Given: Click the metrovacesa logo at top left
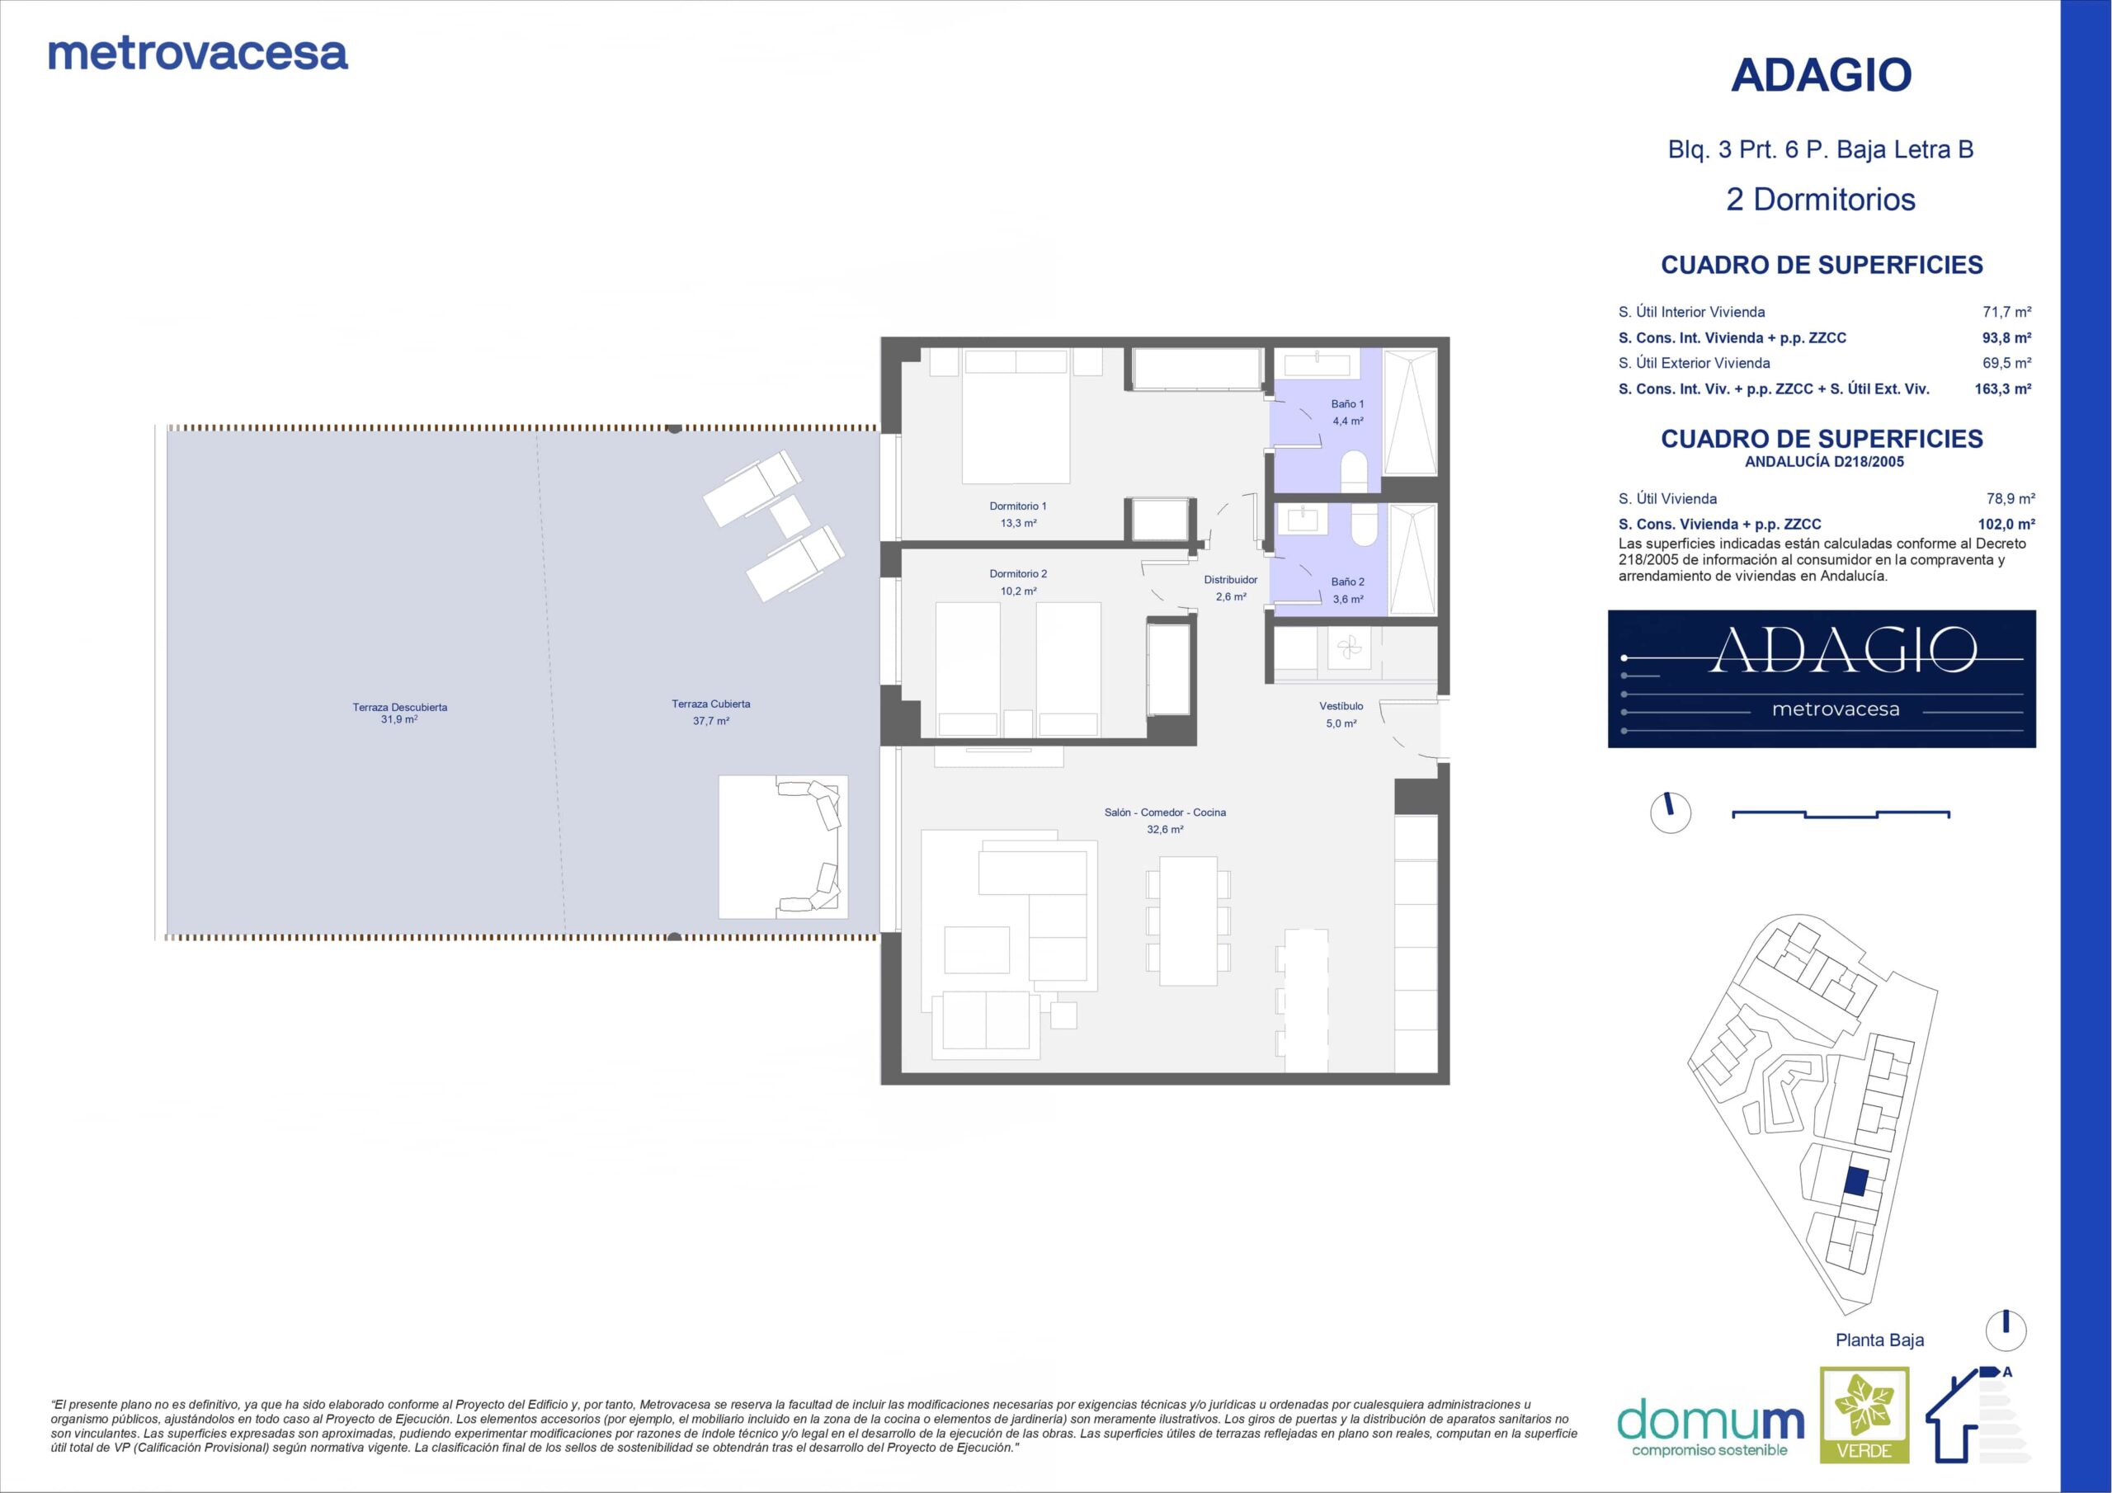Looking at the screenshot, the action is point(198,54).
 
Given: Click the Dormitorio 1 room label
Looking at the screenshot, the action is point(1017,506).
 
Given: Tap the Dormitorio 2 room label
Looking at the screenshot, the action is point(1018,574).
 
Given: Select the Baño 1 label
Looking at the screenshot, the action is point(1347,404).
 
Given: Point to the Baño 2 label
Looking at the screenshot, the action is point(1347,582).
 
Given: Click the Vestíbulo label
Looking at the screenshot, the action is point(1341,705).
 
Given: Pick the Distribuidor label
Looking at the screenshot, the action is point(1231,580).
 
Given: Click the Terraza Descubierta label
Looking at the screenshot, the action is point(400,708).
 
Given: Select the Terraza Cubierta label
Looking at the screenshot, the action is point(711,704).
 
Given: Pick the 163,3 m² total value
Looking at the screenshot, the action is point(2002,389).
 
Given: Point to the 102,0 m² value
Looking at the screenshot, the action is point(2006,525).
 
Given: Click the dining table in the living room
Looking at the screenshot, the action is point(1189,921).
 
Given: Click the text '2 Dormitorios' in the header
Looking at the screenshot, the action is point(1821,200).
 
